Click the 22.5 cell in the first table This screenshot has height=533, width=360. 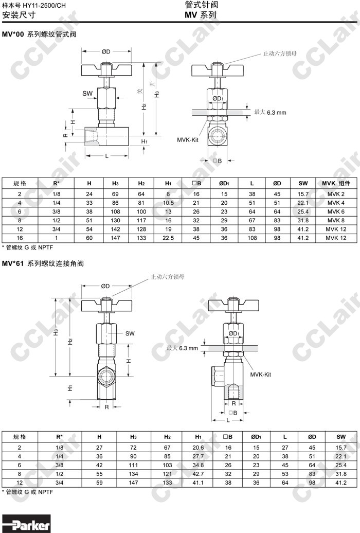click(168, 238)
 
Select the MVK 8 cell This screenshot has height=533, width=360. click(336, 220)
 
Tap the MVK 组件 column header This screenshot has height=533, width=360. click(336, 183)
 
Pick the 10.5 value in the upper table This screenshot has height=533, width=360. click(168, 203)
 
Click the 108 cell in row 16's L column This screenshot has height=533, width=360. click(252, 238)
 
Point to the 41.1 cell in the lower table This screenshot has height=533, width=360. click(198, 483)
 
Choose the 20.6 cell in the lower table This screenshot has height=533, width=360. click(198, 448)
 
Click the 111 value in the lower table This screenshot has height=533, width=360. click(133, 465)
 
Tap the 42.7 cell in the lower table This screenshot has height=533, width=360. click(198, 474)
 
